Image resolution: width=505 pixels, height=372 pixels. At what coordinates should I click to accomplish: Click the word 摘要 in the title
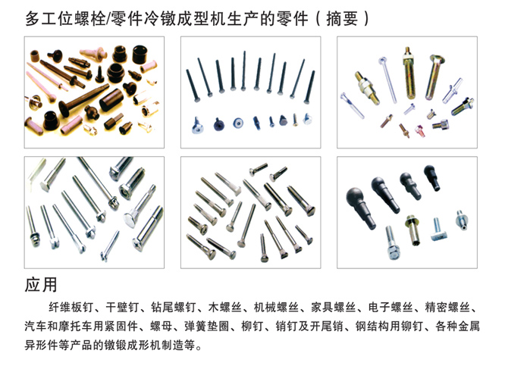342,19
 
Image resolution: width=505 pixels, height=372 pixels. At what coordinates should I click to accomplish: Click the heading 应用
41,285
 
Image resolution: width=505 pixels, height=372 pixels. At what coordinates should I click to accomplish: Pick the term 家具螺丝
333,308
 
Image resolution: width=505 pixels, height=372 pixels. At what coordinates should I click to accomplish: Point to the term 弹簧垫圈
207,327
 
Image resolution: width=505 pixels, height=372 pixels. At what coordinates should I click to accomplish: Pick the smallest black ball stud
432,177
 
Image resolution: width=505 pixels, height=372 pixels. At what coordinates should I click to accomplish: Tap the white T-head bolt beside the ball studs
438,230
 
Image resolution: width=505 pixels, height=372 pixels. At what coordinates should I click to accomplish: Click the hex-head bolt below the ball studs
392,242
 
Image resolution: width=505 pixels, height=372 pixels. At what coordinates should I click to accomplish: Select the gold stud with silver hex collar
368,88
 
